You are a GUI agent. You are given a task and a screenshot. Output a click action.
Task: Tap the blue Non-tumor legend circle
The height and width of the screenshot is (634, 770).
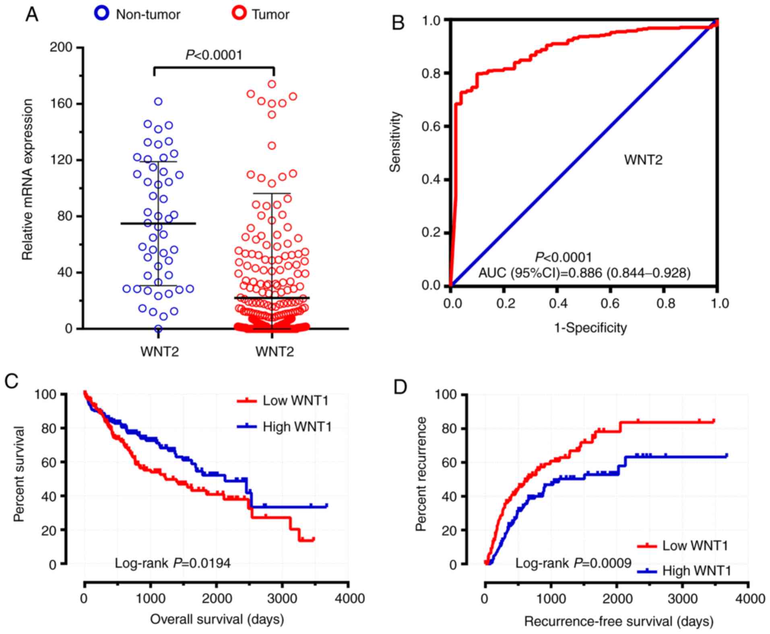[x=102, y=14]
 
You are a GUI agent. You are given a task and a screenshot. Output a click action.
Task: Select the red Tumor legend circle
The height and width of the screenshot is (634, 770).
[x=240, y=14]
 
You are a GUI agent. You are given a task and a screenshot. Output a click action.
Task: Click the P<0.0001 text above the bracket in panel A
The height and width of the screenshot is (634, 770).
[x=214, y=55]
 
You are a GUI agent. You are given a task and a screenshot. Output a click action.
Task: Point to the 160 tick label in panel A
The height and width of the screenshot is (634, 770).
[x=61, y=104]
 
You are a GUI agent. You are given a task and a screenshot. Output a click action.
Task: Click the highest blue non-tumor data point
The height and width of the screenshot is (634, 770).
[x=158, y=102]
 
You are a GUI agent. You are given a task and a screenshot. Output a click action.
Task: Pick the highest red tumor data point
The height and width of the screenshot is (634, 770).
[x=272, y=84]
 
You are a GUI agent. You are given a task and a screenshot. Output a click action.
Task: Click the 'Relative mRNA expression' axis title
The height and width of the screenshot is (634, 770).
[x=27, y=180]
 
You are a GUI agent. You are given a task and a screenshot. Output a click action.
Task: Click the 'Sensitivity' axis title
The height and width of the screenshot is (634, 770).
[x=396, y=142]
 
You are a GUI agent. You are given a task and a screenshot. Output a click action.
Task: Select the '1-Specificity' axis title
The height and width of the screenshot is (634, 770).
[x=590, y=328]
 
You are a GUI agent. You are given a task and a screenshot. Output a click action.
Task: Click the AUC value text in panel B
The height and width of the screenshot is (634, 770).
[x=584, y=273]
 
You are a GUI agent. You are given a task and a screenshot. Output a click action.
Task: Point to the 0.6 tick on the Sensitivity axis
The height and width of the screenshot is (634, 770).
[x=431, y=126]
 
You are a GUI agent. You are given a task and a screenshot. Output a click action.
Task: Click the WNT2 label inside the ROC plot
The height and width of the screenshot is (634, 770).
[x=643, y=160]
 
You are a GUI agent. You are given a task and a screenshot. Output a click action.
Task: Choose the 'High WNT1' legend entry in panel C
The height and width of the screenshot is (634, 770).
[x=297, y=427]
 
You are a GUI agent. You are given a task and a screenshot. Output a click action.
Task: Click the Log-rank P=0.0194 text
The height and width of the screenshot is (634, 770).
[x=173, y=563]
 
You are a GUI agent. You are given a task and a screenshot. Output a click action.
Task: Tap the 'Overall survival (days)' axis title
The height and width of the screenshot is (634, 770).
[x=217, y=619]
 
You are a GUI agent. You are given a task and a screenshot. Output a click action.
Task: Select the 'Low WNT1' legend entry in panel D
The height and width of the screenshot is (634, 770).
[x=695, y=546]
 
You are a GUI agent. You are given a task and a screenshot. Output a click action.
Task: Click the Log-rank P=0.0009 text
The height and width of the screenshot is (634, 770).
[x=573, y=563]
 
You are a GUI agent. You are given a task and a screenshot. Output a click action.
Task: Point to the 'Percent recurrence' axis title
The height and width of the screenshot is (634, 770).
[x=421, y=474]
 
